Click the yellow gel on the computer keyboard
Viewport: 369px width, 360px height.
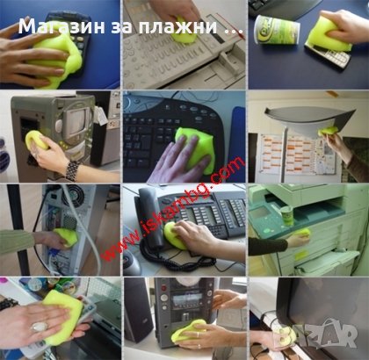(x=195, y=142)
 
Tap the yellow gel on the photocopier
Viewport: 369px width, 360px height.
(x=300, y=236)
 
